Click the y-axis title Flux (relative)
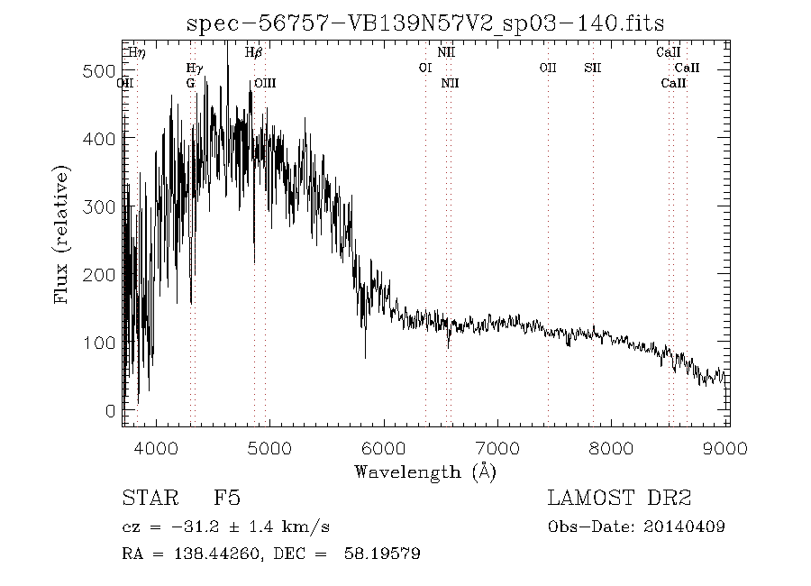[x=62, y=233]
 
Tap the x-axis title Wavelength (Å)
[x=425, y=472]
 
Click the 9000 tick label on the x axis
[x=727, y=448]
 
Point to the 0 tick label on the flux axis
[x=111, y=411]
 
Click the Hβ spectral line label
[x=254, y=53]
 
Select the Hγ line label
[x=194, y=68]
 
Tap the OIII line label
[x=265, y=83]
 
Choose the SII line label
[x=592, y=68]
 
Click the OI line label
[x=425, y=68]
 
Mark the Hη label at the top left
[x=137, y=53]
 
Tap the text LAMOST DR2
[x=619, y=498]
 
